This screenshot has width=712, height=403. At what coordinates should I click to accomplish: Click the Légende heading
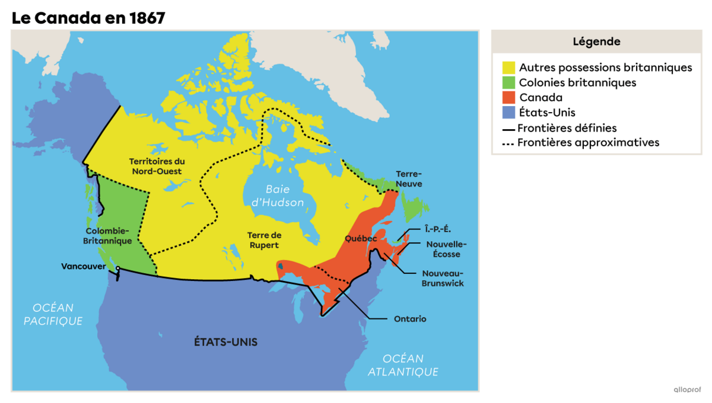tap(596, 41)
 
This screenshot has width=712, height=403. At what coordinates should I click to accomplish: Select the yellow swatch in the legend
tap(508, 68)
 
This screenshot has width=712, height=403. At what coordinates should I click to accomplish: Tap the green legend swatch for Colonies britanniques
tap(508, 82)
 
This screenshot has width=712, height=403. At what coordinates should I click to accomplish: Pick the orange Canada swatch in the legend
tap(508, 97)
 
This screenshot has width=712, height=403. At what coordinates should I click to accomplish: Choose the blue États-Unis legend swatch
tap(508, 112)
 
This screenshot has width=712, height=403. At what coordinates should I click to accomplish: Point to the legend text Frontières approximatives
tap(588, 143)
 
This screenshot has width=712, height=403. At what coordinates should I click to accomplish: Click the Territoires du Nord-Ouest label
tap(157, 166)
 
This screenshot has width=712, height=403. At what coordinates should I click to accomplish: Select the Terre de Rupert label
tap(263, 240)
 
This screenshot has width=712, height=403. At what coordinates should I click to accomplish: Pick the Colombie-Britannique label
tap(109, 236)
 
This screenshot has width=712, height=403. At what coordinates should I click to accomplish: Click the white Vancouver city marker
tap(117, 269)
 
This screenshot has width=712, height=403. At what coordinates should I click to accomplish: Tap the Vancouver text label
tap(83, 267)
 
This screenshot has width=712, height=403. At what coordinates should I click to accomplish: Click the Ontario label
tap(410, 319)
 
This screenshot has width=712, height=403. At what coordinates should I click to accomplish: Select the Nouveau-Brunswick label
tap(443, 279)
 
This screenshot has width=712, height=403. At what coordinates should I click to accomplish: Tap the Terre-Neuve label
tap(409, 179)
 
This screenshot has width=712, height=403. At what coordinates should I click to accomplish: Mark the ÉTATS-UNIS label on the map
tap(225, 342)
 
